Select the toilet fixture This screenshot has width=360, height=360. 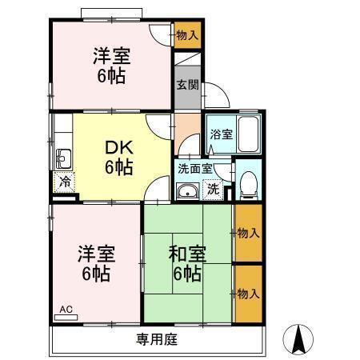247,184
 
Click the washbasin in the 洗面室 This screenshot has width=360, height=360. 188,190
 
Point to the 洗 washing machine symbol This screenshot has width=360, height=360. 213,189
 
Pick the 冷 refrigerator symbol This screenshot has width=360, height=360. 65,181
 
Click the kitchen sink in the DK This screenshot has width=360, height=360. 62,156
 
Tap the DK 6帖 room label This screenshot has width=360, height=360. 118,157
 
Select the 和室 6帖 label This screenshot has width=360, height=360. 187,264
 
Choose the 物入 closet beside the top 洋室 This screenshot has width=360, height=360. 187,35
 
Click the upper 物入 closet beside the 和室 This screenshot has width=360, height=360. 247,233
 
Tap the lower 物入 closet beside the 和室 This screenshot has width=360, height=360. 247,294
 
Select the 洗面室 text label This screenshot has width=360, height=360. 195,169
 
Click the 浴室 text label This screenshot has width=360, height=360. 221,134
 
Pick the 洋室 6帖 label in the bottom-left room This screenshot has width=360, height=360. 96,264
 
